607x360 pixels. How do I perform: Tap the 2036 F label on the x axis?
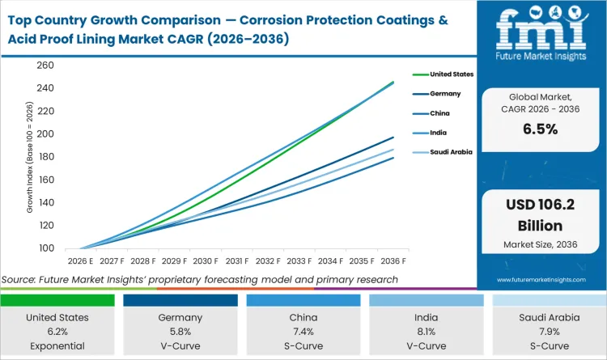[393, 261]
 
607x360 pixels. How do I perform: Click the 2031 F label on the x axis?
[236, 261]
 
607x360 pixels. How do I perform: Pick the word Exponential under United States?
[57, 346]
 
